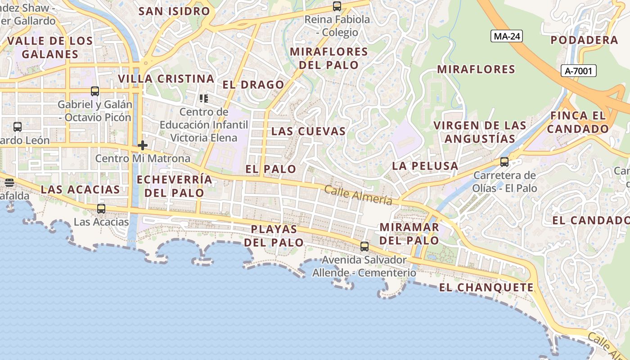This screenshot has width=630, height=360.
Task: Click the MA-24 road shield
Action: pos(507,36)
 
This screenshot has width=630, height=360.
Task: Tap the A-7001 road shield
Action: pos(579,71)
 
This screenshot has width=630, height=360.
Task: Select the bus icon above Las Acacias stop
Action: pos(101,209)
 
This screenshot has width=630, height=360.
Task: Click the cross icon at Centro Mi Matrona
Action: pos(143,145)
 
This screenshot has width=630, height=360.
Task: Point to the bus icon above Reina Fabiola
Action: pos(337,6)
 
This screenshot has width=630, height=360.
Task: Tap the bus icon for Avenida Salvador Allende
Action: pos(364,247)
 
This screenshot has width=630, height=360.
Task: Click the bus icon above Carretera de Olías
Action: pos(504,162)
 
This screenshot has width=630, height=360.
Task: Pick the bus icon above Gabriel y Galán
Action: pos(95,91)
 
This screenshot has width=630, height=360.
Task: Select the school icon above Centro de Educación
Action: pos(204,98)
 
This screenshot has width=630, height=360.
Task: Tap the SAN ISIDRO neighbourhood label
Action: pos(174,11)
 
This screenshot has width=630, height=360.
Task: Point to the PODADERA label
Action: pos(585,40)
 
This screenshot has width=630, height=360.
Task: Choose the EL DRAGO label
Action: pos(253,85)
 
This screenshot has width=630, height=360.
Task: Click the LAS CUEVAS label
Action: pos(309,131)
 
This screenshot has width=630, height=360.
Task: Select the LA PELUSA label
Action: pos(425,166)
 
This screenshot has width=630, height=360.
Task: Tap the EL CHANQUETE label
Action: pos(486,288)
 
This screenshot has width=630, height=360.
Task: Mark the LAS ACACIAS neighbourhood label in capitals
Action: pos(81,189)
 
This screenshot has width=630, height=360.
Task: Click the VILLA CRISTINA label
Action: pos(166,79)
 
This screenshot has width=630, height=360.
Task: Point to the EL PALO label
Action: pos(271,169)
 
